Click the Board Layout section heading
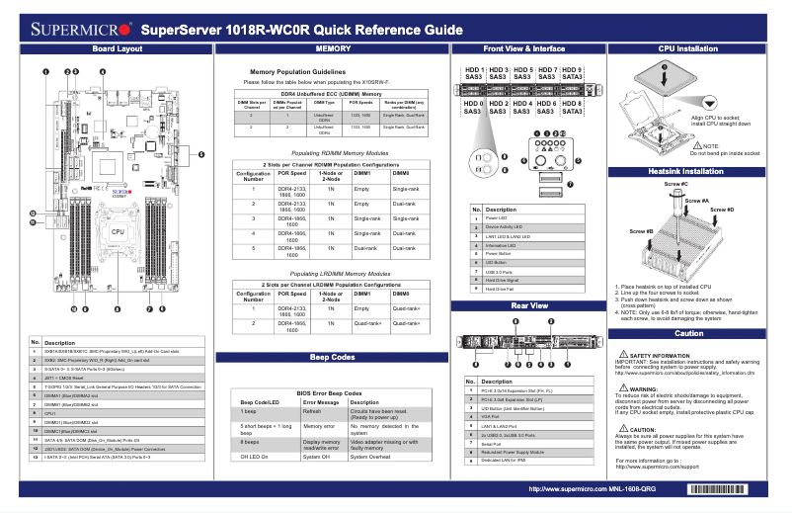pos(117,48)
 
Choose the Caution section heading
pos(688,334)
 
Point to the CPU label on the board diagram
pos(118,231)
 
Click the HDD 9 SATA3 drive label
pos(573,73)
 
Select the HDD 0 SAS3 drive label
pos(473,108)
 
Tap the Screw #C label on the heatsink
pos(676,185)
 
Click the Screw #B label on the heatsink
pos(642,231)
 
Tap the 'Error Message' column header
pos(321,402)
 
